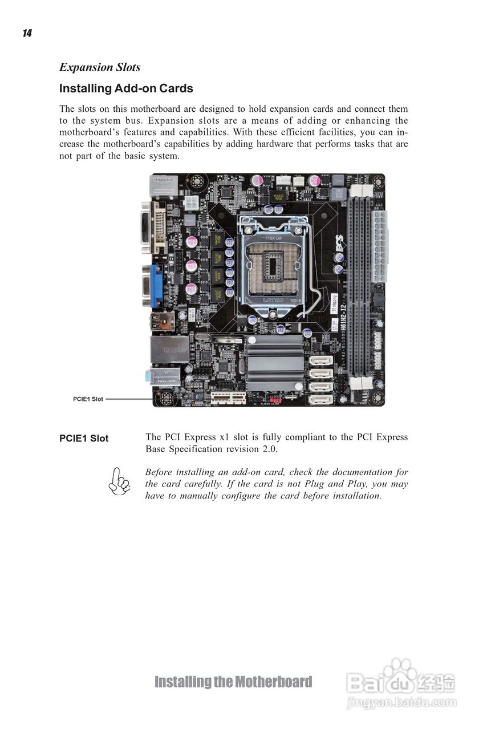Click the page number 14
pyautogui.click(x=27, y=34)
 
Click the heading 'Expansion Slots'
pyautogui.click(x=100, y=67)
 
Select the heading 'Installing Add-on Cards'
pyautogui.click(x=126, y=88)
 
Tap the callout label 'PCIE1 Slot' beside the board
pyautogui.click(x=88, y=399)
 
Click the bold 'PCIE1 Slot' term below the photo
pyautogui.click(x=84, y=439)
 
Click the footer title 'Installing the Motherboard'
pyautogui.click(x=233, y=682)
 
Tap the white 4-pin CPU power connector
pyautogui.click(x=191, y=202)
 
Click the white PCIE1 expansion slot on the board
pyautogui.click(x=228, y=397)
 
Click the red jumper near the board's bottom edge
pyautogui.click(x=276, y=400)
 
